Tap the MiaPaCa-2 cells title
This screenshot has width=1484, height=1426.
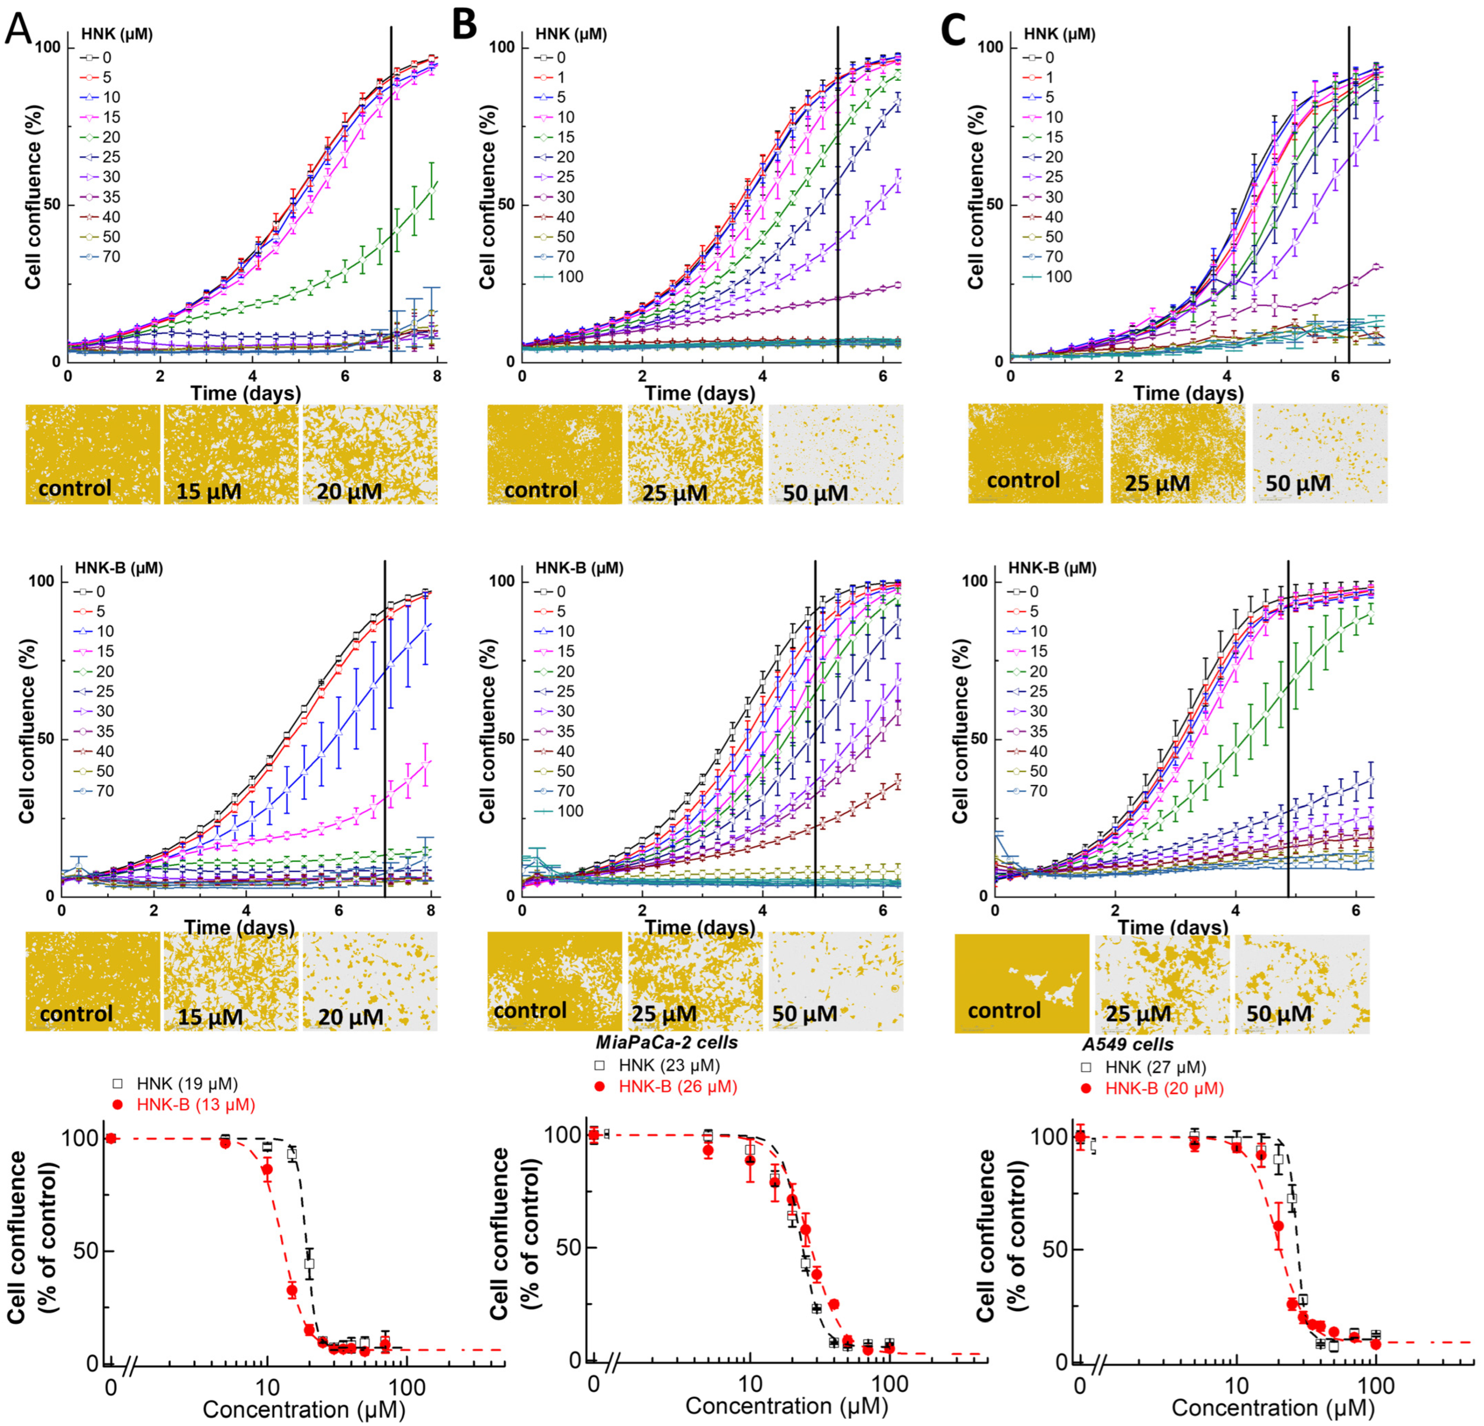point(666,1042)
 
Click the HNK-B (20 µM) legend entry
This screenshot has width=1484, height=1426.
point(1164,1088)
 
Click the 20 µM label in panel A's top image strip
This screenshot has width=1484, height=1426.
point(349,492)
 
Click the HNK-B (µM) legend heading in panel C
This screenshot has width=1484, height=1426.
point(1052,568)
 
